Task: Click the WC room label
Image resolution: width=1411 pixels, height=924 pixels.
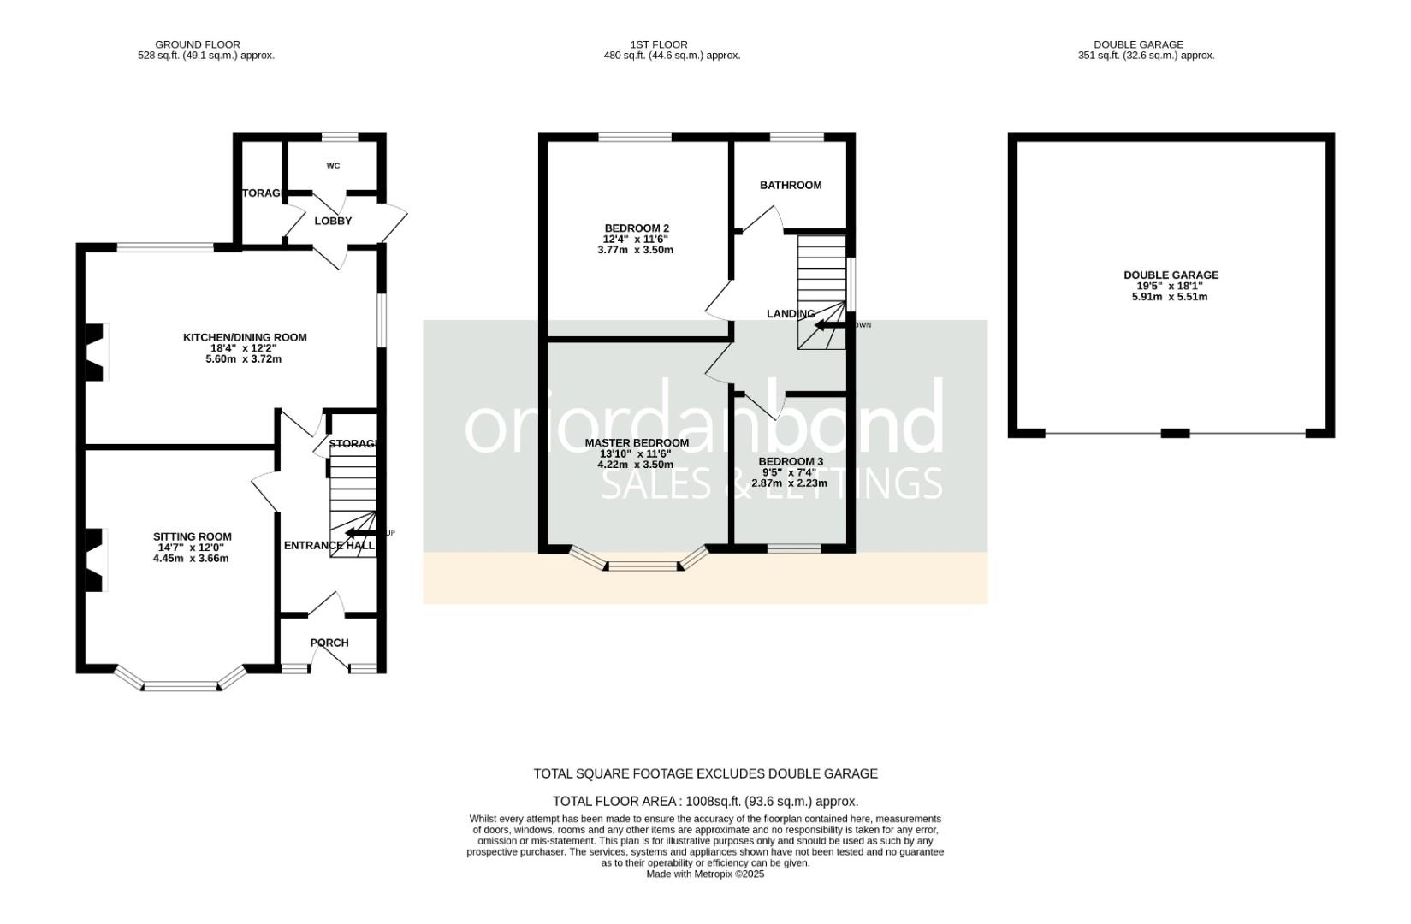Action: (x=333, y=166)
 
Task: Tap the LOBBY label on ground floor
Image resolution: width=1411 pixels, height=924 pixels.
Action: (x=333, y=221)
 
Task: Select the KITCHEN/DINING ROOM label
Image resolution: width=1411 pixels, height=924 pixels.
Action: (x=245, y=337)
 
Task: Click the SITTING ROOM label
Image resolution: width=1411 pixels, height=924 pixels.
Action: (x=193, y=536)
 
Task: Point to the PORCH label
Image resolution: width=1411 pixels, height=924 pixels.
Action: (x=329, y=643)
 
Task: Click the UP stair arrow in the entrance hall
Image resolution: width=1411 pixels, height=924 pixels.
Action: (x=359, y=533)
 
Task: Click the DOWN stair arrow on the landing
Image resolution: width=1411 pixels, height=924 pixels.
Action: (x=829, y=325)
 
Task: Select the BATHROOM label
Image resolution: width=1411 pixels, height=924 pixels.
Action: (x=791, y=185)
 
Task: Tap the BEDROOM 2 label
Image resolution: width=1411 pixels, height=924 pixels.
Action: (x=636, y=228)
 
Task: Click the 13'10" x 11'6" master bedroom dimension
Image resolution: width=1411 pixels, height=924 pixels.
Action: (x=636, y=454)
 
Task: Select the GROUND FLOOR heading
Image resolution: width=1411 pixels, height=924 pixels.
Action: (x=198, y=44)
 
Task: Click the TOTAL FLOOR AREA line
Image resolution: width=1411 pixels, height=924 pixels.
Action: (x=705, y=802)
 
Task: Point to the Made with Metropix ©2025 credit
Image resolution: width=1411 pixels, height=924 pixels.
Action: (x=705, y=874)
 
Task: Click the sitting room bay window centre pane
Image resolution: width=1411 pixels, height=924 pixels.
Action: (x=181, y=685)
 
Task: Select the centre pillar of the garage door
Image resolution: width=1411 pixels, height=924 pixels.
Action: (x=1175, y=434)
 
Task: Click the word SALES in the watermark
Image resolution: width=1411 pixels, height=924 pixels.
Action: (x=655, y=484)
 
